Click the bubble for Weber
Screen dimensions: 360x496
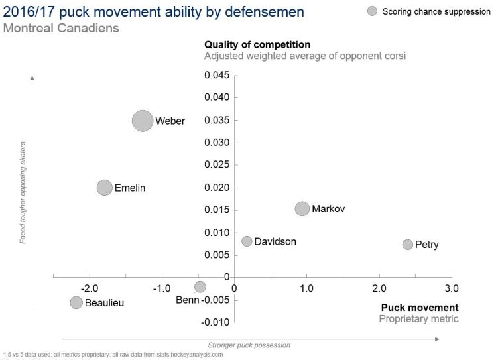[143, 121]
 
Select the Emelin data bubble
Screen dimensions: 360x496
[105, 188]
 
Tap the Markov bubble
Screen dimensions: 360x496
[302, 208]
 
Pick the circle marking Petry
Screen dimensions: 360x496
[408, 245]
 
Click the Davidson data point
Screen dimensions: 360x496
[247, 241]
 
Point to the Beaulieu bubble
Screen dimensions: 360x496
[76, 302]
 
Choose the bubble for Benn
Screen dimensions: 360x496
[200, 286]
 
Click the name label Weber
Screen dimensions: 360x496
[170, 121]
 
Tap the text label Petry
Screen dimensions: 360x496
[427, 245]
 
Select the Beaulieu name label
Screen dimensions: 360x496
[105, 303]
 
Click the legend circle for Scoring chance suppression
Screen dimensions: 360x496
[373, 11]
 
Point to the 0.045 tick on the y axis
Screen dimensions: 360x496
[216, 75]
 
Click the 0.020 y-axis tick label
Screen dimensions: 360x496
[216, 188]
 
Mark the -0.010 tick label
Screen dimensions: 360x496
[215, 322]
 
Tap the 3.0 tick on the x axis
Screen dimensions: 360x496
[451, 288]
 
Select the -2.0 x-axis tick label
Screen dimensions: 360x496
[90, 288]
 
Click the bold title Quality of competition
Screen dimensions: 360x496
[258, 44]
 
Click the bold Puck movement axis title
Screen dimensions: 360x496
[419, 308]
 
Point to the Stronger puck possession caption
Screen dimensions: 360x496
[249, 345]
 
